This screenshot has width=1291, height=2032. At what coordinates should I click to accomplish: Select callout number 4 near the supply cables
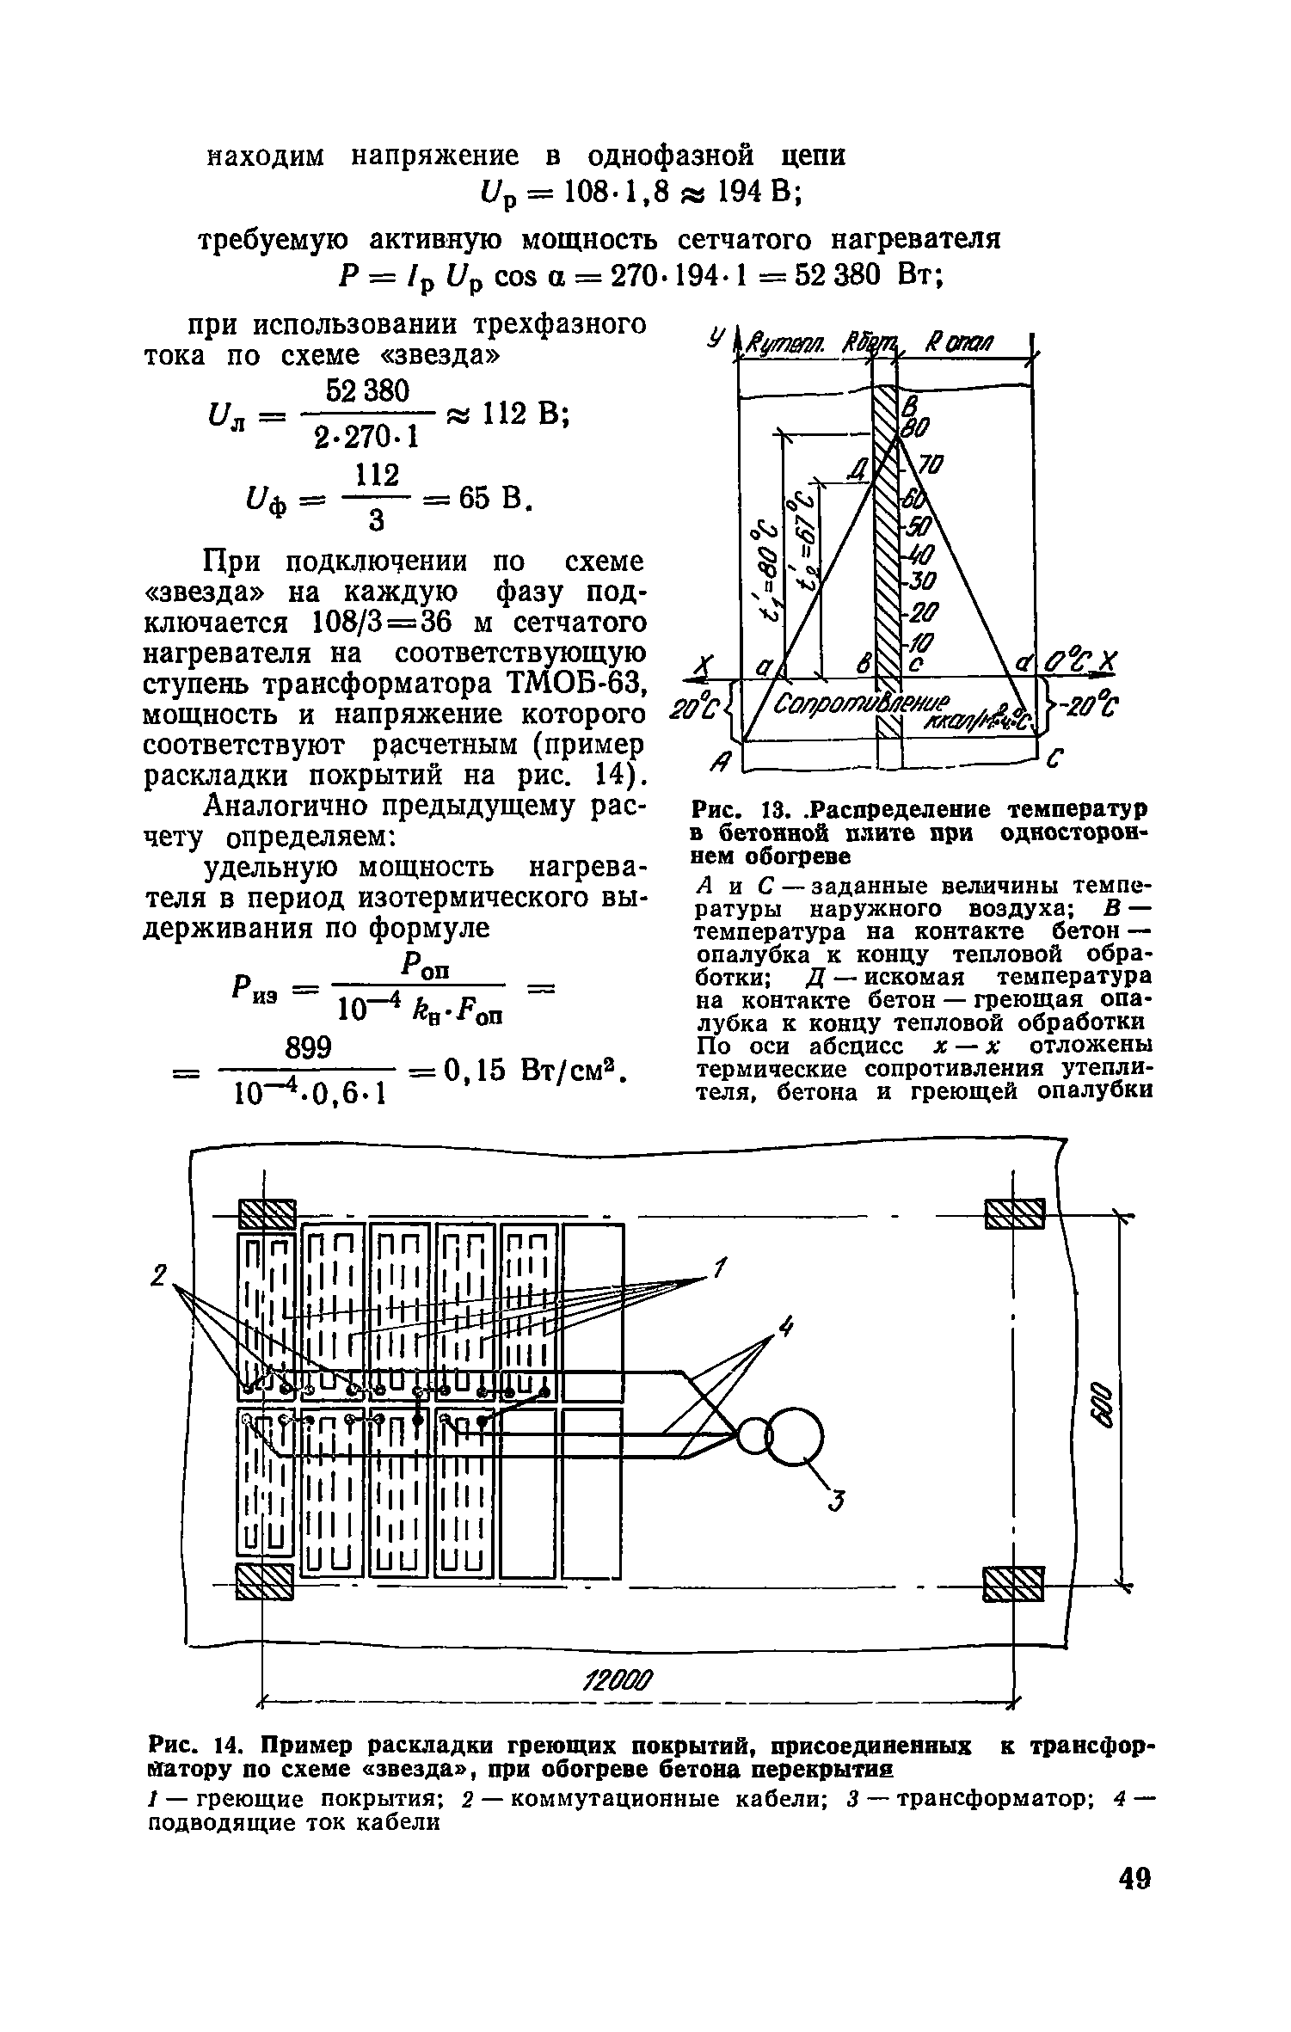[783, 1329]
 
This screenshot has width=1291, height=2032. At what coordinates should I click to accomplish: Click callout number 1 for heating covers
[720, 1268]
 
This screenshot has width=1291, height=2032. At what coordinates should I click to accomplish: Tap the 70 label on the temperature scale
[931, 465]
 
